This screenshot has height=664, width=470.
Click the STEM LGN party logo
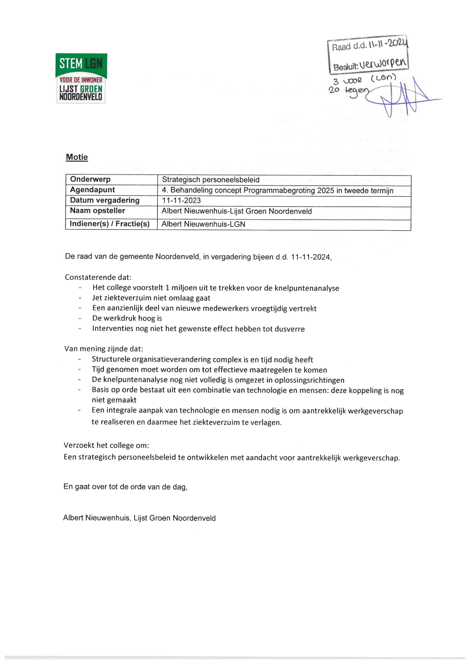point(81,78)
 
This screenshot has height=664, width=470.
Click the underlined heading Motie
point(77,157)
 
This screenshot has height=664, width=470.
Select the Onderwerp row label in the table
point(90,179)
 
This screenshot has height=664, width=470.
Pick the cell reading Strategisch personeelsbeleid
point(211,180)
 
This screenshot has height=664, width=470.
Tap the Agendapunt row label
point(92,190)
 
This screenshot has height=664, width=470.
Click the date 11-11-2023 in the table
point(182,201)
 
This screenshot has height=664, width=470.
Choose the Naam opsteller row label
point(97,211)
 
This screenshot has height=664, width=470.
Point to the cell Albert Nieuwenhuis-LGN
point(204,224)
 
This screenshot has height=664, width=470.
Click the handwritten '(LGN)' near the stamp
point(383,78)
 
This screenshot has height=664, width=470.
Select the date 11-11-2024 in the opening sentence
point(310,257)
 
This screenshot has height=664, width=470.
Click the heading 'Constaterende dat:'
point(98,277)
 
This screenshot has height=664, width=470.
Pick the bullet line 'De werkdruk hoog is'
point(127,319)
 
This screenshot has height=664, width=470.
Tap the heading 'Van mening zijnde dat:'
point(104,349)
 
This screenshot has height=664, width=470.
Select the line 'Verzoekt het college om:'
point(107,446)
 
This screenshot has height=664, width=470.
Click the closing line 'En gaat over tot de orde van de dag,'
point(125,487)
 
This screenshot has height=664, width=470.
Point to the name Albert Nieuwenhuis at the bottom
point(97,518)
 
